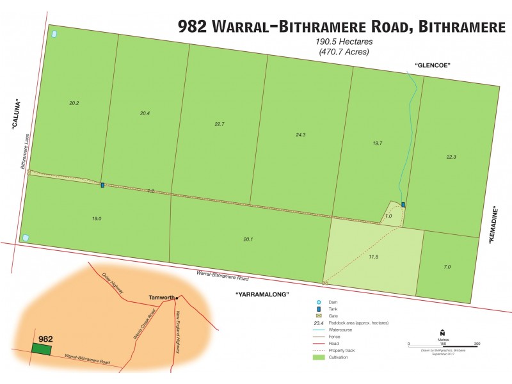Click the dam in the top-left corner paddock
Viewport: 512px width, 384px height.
click(x=54, y=33)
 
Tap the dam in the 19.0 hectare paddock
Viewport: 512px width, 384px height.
click(x=26, y=237)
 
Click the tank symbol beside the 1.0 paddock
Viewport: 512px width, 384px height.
click(x=403, y=205)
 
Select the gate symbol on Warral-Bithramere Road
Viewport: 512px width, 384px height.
click(x=325, y=282)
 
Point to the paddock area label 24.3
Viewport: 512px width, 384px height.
click(x=301, y=135)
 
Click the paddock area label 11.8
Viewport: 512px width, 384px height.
click(x=374, y=257)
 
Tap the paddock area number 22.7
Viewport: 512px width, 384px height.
click(x=220, y=124)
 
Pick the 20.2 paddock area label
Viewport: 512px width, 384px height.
click(x=74, y=103)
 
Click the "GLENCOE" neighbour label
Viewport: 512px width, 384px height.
click(x=433, y=66)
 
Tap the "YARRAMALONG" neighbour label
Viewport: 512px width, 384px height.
click(x=262, y=294)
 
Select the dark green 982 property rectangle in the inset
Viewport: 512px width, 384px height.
click(x=42, y=349)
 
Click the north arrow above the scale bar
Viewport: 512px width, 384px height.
click(x=442, y=332)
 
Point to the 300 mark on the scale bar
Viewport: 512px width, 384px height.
click(x=476, y=344)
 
